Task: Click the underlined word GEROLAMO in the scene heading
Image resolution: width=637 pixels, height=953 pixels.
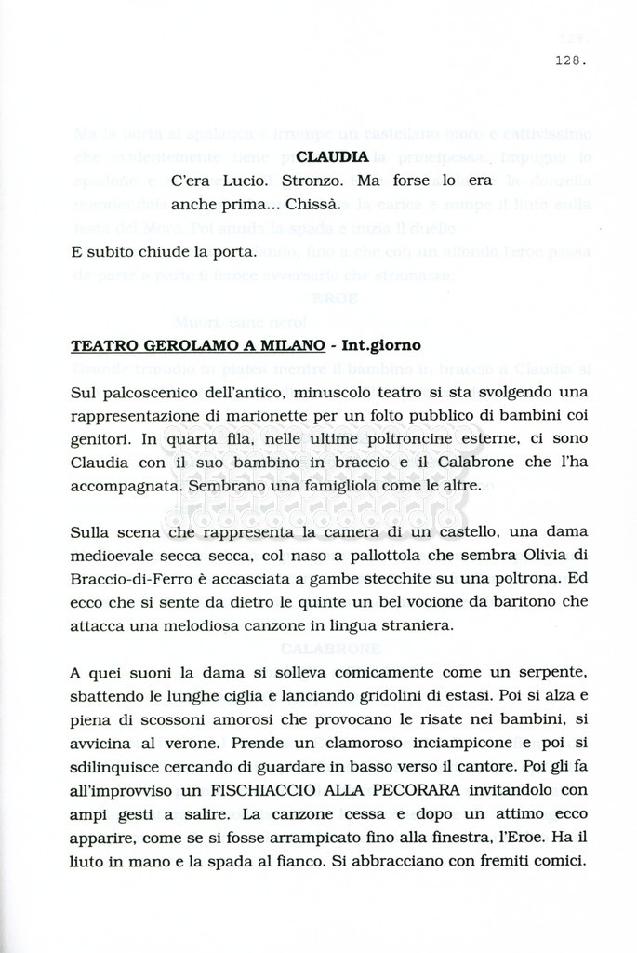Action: [178, 345]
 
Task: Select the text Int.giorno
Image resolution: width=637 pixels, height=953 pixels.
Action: [381, 345]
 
